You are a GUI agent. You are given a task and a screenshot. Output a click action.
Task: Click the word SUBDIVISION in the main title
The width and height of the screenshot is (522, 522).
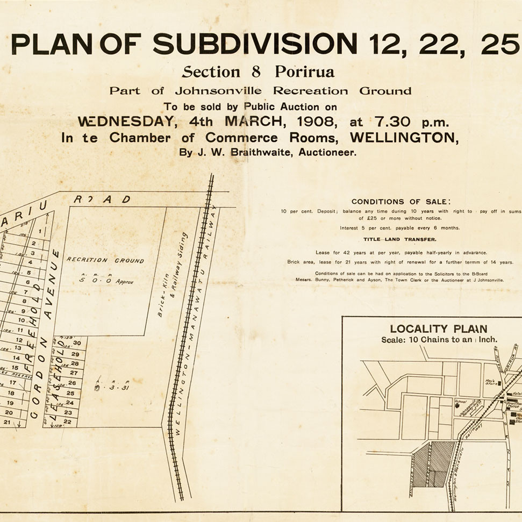(x=255, y=44)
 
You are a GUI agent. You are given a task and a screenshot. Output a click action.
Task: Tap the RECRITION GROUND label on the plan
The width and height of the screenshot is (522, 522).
(x=105, y=261)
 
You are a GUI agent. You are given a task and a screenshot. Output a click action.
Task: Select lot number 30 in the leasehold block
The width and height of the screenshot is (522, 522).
(x=76, y=343)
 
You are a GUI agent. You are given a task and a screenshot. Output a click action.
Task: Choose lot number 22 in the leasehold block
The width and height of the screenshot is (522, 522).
(x=68, y=421)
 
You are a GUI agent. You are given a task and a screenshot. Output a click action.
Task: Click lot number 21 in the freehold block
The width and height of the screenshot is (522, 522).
(x=8, y=422)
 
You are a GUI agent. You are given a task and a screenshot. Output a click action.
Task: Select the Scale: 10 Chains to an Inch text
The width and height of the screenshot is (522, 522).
(x=439, y=340)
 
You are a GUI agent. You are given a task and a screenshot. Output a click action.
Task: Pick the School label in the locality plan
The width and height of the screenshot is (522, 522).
(x=460, y=402)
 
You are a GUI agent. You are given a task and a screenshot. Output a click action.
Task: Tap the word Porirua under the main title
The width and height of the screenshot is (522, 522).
(x=304, y=72)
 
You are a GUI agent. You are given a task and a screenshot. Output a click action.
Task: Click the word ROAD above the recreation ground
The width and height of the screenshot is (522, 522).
(x=102, y=199)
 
